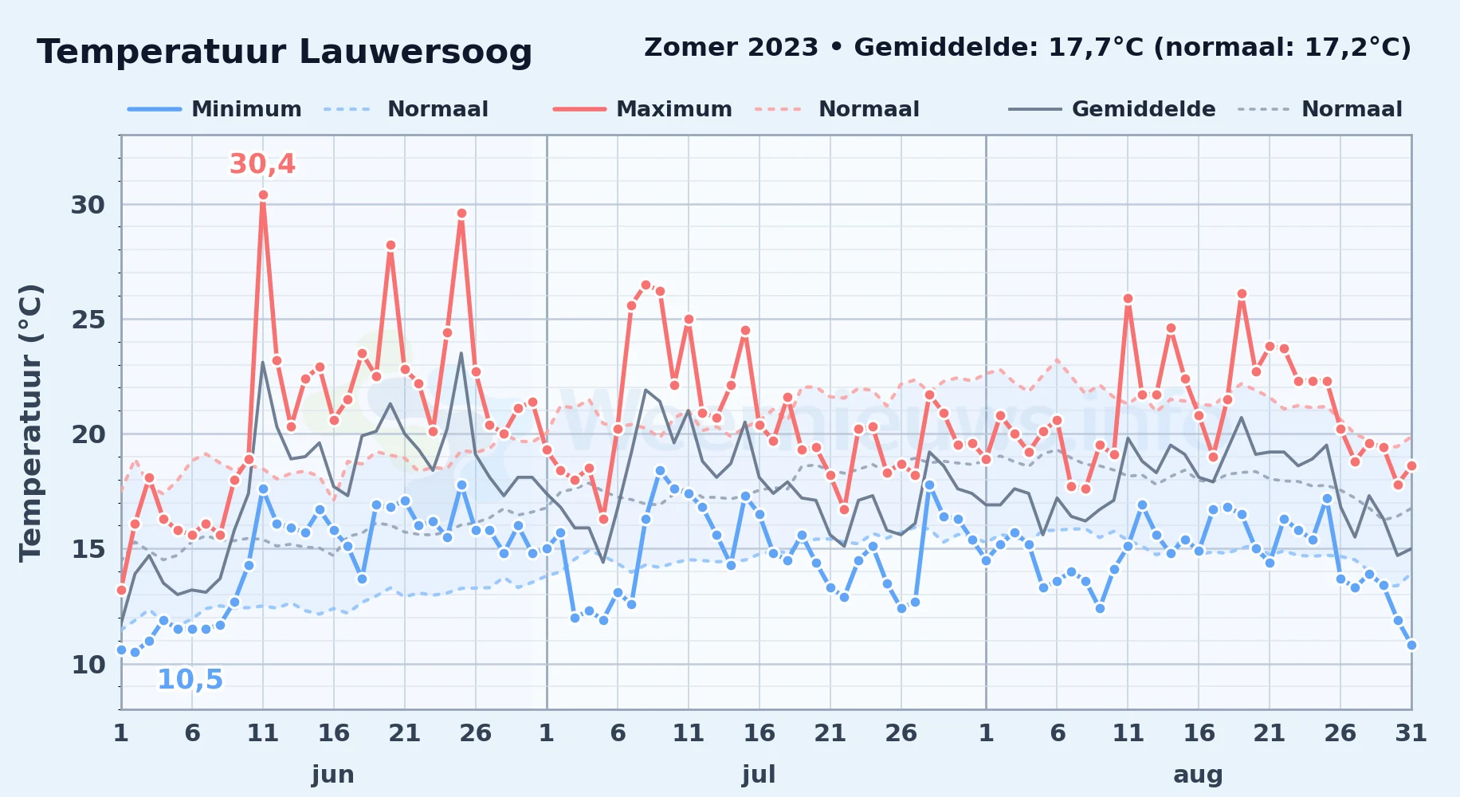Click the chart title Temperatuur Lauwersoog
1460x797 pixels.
tap(285, 52)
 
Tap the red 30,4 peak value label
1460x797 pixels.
tap(262, 164)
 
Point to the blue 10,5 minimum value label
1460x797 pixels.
tap(190, 680)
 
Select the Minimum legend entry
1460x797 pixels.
tap(215, 109)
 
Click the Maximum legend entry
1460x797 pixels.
tap(643, 109)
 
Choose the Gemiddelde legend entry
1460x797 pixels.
tap(1113, 109)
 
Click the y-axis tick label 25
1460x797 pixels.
tap(88, 320)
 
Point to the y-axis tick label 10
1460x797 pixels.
tap(88, 665)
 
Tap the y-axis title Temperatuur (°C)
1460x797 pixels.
tap(30, 422)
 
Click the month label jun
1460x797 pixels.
tap(333, 774)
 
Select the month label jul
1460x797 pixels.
tap(759, 774)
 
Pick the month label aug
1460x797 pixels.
tap(1198, 775)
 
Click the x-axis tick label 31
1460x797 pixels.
tap(1411, 732)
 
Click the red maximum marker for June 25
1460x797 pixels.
tap(461, 214)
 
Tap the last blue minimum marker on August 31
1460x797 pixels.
tap(1411, 645)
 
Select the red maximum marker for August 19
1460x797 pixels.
tap(1242, 294)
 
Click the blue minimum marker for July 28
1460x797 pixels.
tap(929, 485)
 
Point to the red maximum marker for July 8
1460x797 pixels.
tap(646, 285)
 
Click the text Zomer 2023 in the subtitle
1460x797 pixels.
tap(731, 48)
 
